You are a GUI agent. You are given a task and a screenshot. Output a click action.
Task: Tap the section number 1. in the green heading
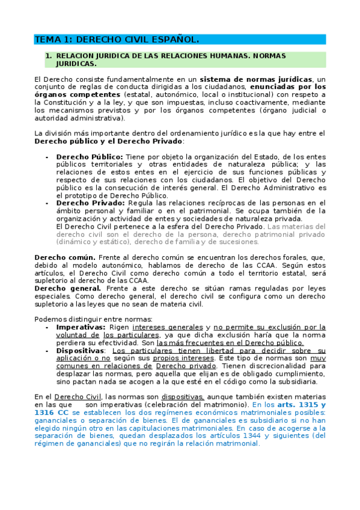[49, 56]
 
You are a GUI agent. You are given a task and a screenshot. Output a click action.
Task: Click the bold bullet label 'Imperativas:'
[81, 327]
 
